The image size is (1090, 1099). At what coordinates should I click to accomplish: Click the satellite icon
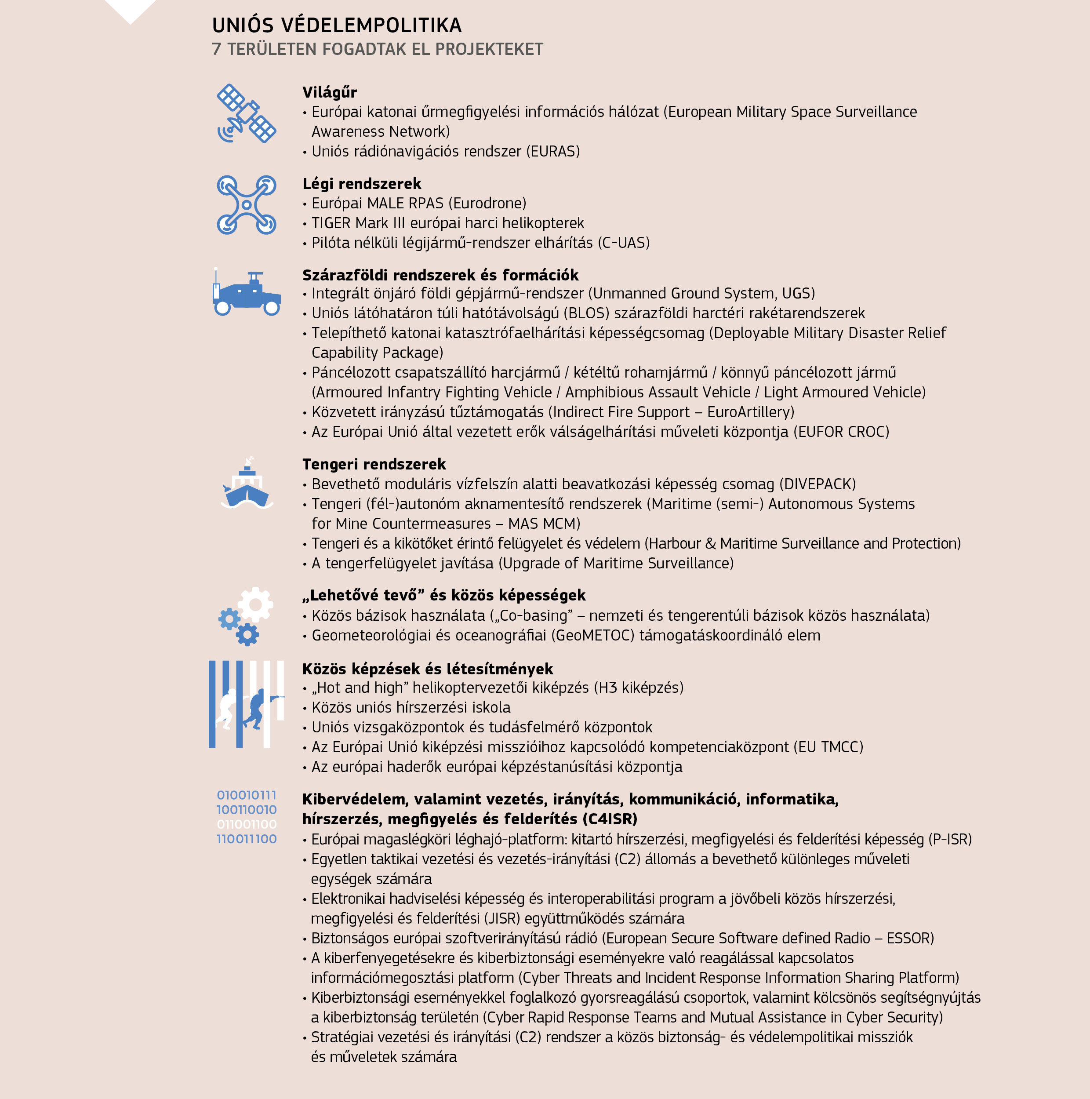point(246,113)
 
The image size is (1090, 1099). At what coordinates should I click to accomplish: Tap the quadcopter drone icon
point(246,205)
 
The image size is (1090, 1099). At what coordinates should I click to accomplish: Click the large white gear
point(255,605)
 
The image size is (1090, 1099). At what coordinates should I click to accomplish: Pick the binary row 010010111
point(246,795)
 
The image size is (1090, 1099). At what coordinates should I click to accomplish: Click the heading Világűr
point(329,92)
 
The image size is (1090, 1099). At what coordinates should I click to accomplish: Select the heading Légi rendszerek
point(362,184)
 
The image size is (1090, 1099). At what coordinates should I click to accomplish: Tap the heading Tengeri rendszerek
point(374,464)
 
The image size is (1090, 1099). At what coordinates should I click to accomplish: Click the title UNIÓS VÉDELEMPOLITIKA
point(337,25)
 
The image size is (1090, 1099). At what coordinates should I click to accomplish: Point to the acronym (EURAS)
point(552,151)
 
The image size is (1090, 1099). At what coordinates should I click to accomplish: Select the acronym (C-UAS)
point(623,243)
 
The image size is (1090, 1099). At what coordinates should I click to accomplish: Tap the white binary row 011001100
point(246,824)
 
